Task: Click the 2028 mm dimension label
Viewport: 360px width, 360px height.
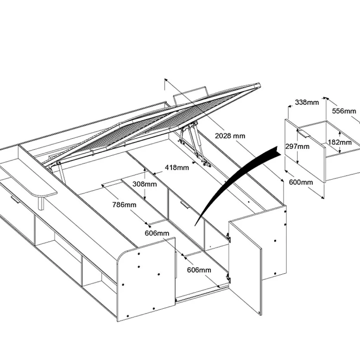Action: [x=230, y=136]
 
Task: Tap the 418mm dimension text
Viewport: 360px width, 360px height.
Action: [x=178, y=167]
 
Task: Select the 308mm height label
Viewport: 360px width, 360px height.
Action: [x=144, y=184]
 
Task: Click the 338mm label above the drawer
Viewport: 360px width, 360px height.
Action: [x=307, y=102]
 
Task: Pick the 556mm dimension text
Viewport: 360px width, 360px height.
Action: [x=344, y=111]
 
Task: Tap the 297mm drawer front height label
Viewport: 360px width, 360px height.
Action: [x=297, y=146]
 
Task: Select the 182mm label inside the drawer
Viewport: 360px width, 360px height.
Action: [x=340, y=142]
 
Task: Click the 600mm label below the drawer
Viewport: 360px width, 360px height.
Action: [x=301, y=182]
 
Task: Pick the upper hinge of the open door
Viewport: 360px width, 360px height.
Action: [x=229, y=238]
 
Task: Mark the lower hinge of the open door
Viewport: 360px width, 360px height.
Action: [x=229, y=278]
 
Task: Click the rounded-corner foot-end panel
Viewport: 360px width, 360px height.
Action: [x=146, y=279]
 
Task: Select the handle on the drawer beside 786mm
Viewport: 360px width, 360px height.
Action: [x=185, y=205]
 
